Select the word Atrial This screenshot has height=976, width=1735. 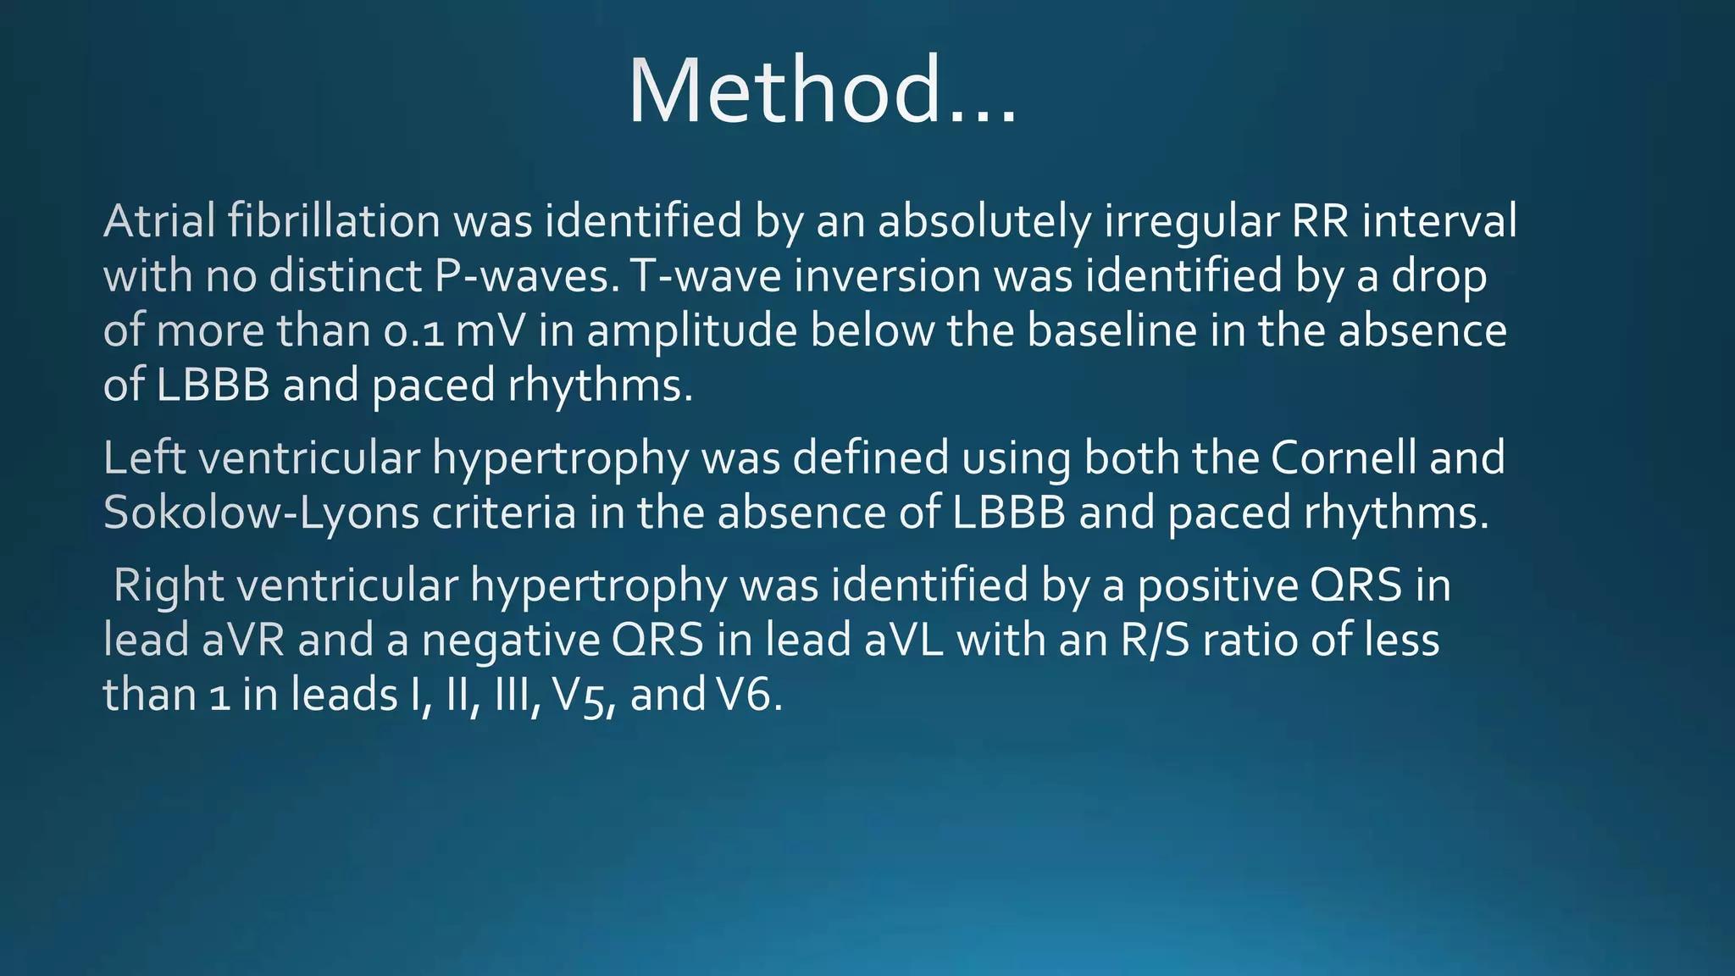pos(159,221)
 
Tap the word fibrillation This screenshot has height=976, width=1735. pos(334,221)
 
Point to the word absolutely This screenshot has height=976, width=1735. pos(984,221)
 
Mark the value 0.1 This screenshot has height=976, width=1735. pos(413,331)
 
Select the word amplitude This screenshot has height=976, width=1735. pos(691,331)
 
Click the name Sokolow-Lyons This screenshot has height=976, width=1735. pos(261,513)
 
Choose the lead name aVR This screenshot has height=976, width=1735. pos(243,640)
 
